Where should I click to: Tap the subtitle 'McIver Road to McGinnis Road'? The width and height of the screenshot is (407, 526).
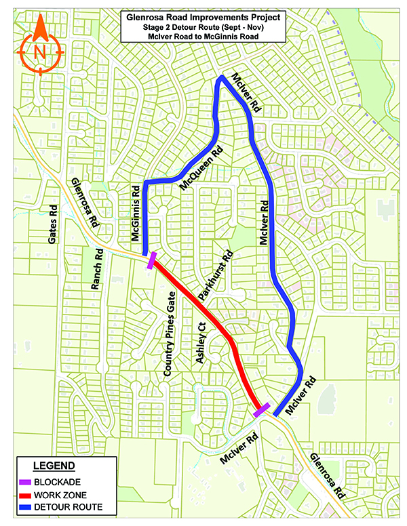[203, 36]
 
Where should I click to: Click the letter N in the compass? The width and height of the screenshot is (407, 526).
[40, 51]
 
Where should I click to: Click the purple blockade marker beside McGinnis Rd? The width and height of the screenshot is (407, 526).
[153, 259]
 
